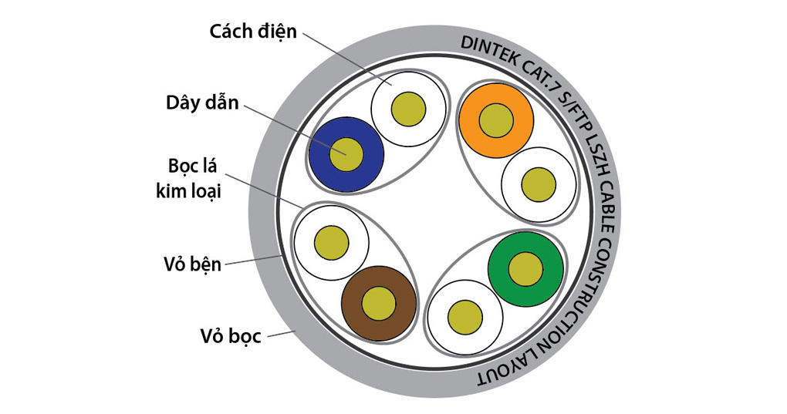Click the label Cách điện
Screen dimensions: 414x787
click(252, 32)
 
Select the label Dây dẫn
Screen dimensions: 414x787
click(202, 103)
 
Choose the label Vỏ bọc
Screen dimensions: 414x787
click(230, 335)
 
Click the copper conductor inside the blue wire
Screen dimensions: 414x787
click(346, 153)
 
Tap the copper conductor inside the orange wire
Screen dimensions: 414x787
click(496, 119)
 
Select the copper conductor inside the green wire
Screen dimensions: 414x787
click(525, 268)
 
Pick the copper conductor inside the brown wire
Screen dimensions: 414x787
click(379, 304)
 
